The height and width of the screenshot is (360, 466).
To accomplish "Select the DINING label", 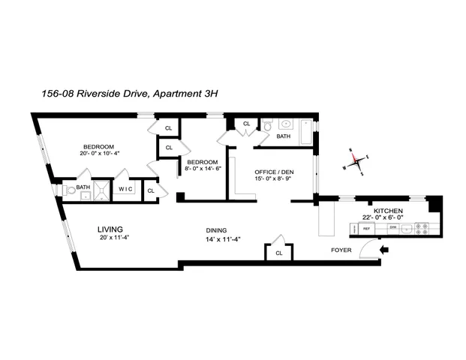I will click(x=217, y=230).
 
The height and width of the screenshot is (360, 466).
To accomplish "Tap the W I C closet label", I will click(x=125, y=189).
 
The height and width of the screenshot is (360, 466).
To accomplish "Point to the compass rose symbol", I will click(x=357, y=159).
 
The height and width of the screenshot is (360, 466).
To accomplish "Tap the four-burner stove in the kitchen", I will click(x=424, y=228).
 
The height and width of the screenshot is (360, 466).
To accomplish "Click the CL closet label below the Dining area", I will click(x=278, y=253).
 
